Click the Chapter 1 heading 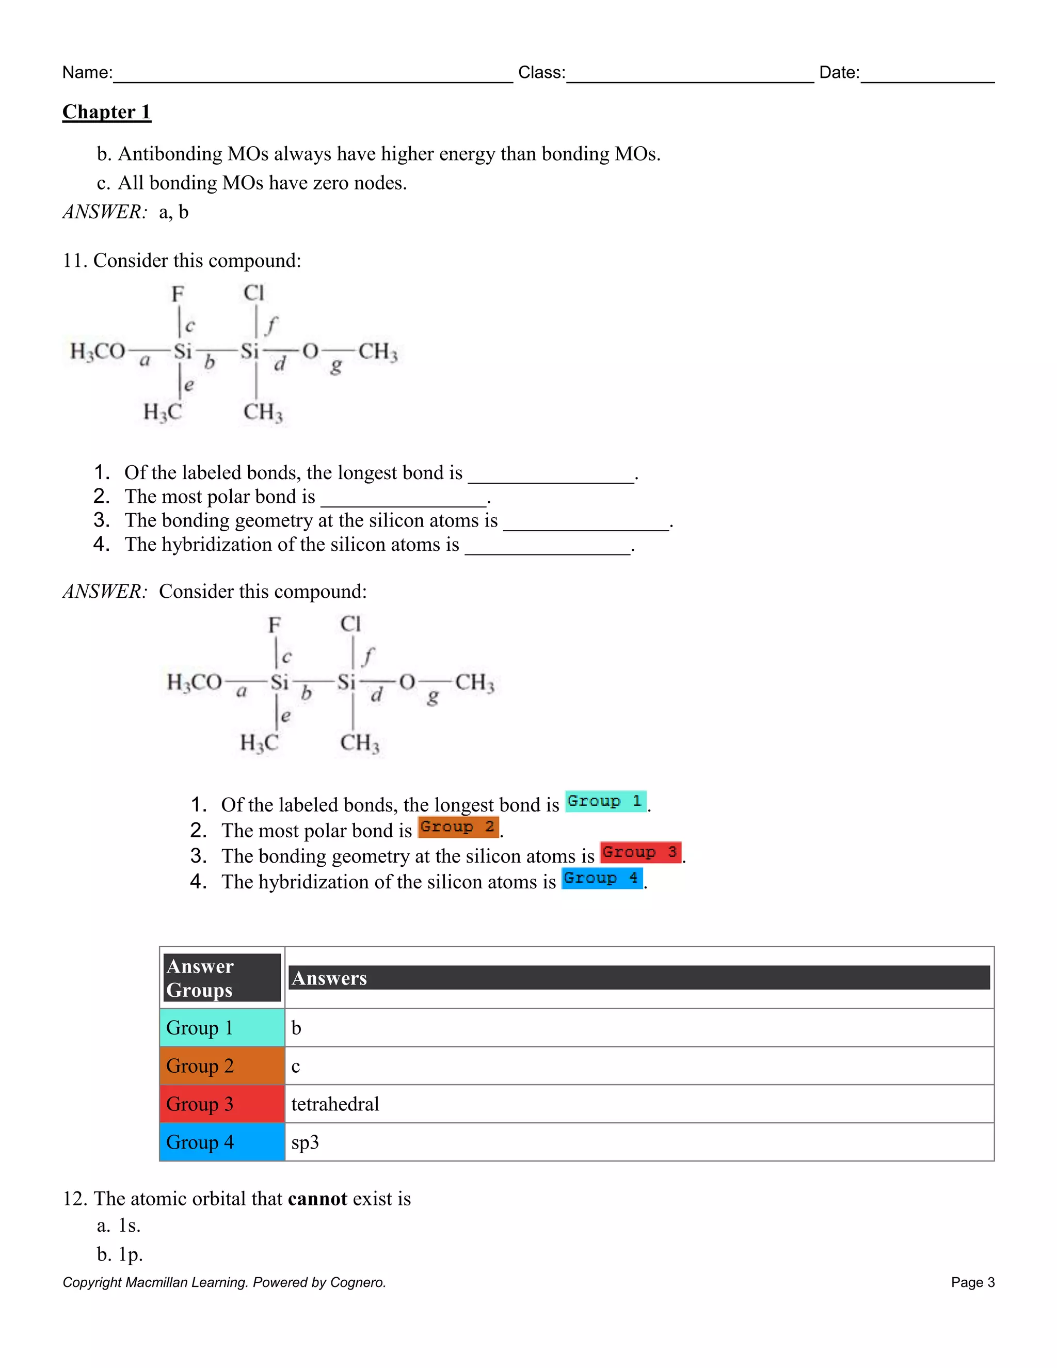(x=106, y=112)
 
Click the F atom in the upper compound (x=178, y=293)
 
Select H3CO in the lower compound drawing (x=194, y=682)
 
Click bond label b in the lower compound (x=306, y=693)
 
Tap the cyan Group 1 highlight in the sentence (x=605, y=801)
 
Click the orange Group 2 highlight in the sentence (x=458, y=827)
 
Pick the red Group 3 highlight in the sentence (x=640, y=852)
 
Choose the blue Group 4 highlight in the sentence (x=602, y=878)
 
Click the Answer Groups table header (x=221, y=978)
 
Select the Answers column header (x=639, y=978)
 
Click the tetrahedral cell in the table (x=335, y=1104)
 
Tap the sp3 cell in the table (x=305, y=1142)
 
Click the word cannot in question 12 (x=317, y=1198)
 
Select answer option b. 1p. (x=120, y=1254)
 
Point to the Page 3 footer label (x=972, y=1282)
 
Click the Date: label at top (x=839, y=73)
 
